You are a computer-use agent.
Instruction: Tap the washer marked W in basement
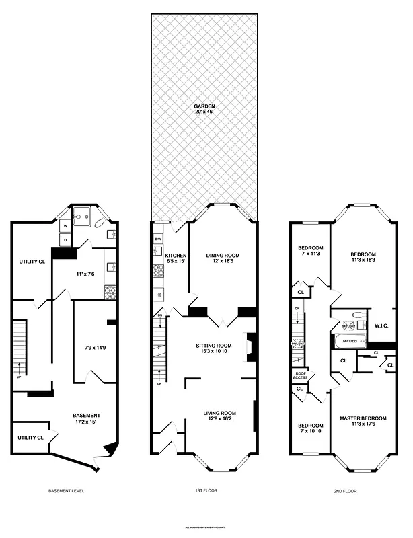point(66,227)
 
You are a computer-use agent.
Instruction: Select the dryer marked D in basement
point(66,239)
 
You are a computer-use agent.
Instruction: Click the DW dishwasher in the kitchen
point(158,239)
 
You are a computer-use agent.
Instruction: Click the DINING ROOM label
point(223,256)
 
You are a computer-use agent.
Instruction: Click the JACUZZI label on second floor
point(348,341)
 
